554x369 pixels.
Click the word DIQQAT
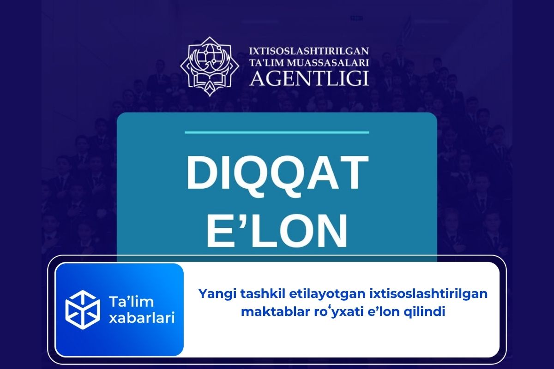[x=277, y=173]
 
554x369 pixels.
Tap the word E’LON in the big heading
[x=277, y=230]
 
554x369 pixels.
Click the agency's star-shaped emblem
[x=210, y=67]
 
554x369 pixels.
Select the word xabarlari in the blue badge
[x=141, y=318]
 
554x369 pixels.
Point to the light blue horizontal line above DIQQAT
[x=277, y=132]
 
